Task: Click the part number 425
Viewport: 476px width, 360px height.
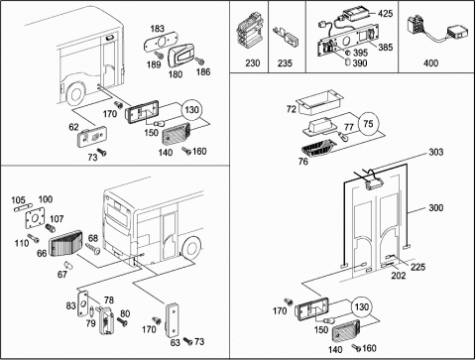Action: [386, 14]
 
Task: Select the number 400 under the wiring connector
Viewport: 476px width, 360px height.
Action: [430, 62]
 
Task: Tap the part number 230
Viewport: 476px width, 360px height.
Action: [252, 62]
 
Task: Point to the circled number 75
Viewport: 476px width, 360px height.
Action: [368, 124]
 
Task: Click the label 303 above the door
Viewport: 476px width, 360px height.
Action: [436, 152]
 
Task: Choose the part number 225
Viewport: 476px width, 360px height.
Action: [417, 267]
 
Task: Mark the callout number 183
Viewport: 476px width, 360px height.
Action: [158, 29]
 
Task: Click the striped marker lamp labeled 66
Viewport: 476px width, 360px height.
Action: [66, 245]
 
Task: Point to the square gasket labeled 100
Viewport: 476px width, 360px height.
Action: [35, 217]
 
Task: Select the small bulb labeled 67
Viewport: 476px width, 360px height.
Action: [67, 265]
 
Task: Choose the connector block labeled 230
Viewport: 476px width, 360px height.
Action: [248, 32]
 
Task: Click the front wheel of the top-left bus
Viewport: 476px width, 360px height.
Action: [75, 95]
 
